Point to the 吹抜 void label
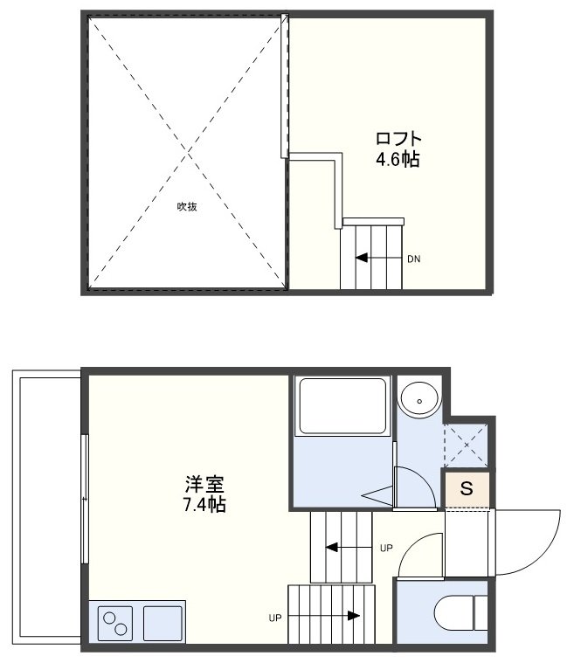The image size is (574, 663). tap(186, 207)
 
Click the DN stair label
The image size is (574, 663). tap(414, 259)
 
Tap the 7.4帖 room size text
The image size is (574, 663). tap(205, 505)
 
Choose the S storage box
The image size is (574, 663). tap(467, 489)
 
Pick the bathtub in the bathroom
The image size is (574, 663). tap(342, 406)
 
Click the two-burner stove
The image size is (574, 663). tap(114, 623)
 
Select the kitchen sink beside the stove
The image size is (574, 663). tap(163, 623)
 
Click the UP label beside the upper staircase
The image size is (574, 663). tap(386, 549)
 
